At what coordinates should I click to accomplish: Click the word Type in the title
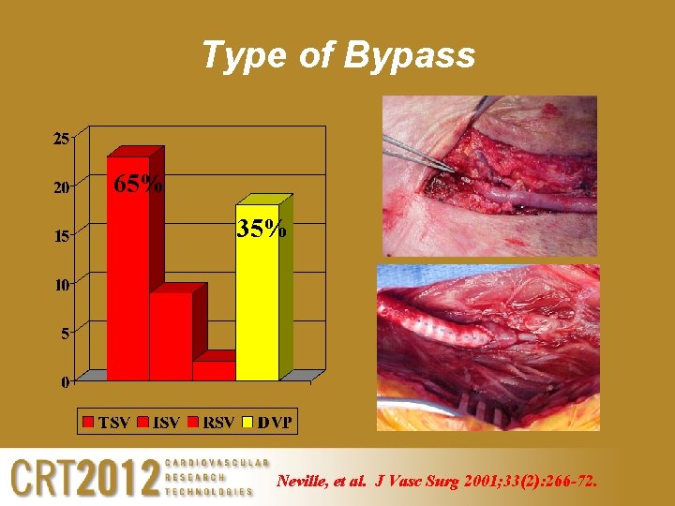(240, 57)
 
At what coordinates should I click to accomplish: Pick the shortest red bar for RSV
(214, 370)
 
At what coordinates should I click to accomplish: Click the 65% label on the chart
(138, 184)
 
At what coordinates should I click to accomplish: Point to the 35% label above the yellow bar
(261, 228)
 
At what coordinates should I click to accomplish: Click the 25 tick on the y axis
(60, 139)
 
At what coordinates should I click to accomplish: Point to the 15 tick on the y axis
(60, 236)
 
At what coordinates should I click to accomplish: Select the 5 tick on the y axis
(64, 333)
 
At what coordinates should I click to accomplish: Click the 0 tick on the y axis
(64, 381)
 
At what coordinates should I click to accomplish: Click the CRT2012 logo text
(84, 478)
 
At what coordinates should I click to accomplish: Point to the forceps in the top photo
(417, 154)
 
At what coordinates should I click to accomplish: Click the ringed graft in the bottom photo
(441, 329)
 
